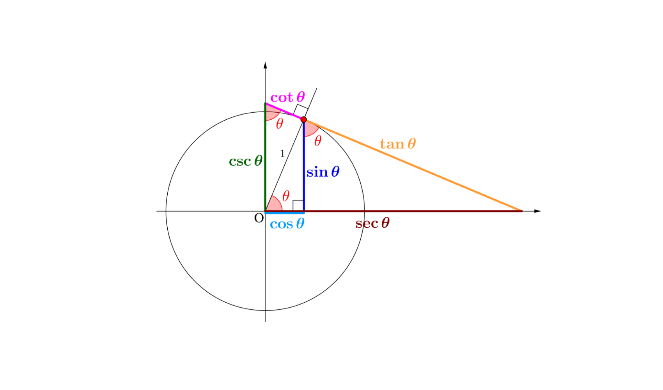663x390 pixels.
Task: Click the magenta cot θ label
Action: click(287, 97)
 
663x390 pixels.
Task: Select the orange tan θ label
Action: click(398, 144)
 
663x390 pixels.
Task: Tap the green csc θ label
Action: click(246, 161)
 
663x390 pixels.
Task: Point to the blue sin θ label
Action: click(323, 172)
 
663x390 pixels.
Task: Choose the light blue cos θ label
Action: click(287, 224)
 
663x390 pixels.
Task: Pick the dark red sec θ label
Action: click(372, 223)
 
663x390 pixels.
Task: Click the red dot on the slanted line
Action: click(303, 119)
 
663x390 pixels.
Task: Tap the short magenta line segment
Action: click(284, 111)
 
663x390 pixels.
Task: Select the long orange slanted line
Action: click(413, 166)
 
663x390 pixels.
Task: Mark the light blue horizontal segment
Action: click(285, 213)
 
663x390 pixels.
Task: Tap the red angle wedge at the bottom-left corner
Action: click(274, 204)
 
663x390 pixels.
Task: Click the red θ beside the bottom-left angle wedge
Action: click(286, 195)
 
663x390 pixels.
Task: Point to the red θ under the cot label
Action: click(280, 124)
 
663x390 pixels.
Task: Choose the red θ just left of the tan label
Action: click(318, 141)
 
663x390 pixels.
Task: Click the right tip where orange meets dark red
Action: click(521, 211)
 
